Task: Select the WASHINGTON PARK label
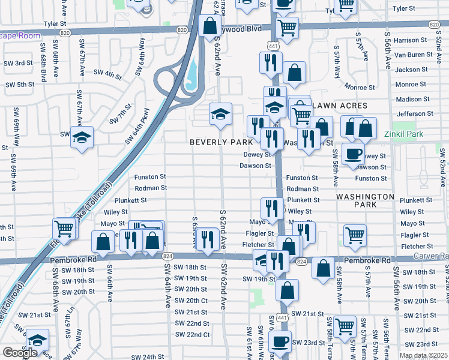pyautogui.click(x=365, y=200)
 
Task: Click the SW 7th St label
pyautogui.click(x=120, y=113)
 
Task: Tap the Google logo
pyautogui.click(x=20, y=353)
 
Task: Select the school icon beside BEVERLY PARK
pyautogui.click(x=220, y=113)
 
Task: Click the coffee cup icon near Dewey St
pyautogui.click(x=353, y=153)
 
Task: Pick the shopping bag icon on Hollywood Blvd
pyautogui.click(x=209, y=26)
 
